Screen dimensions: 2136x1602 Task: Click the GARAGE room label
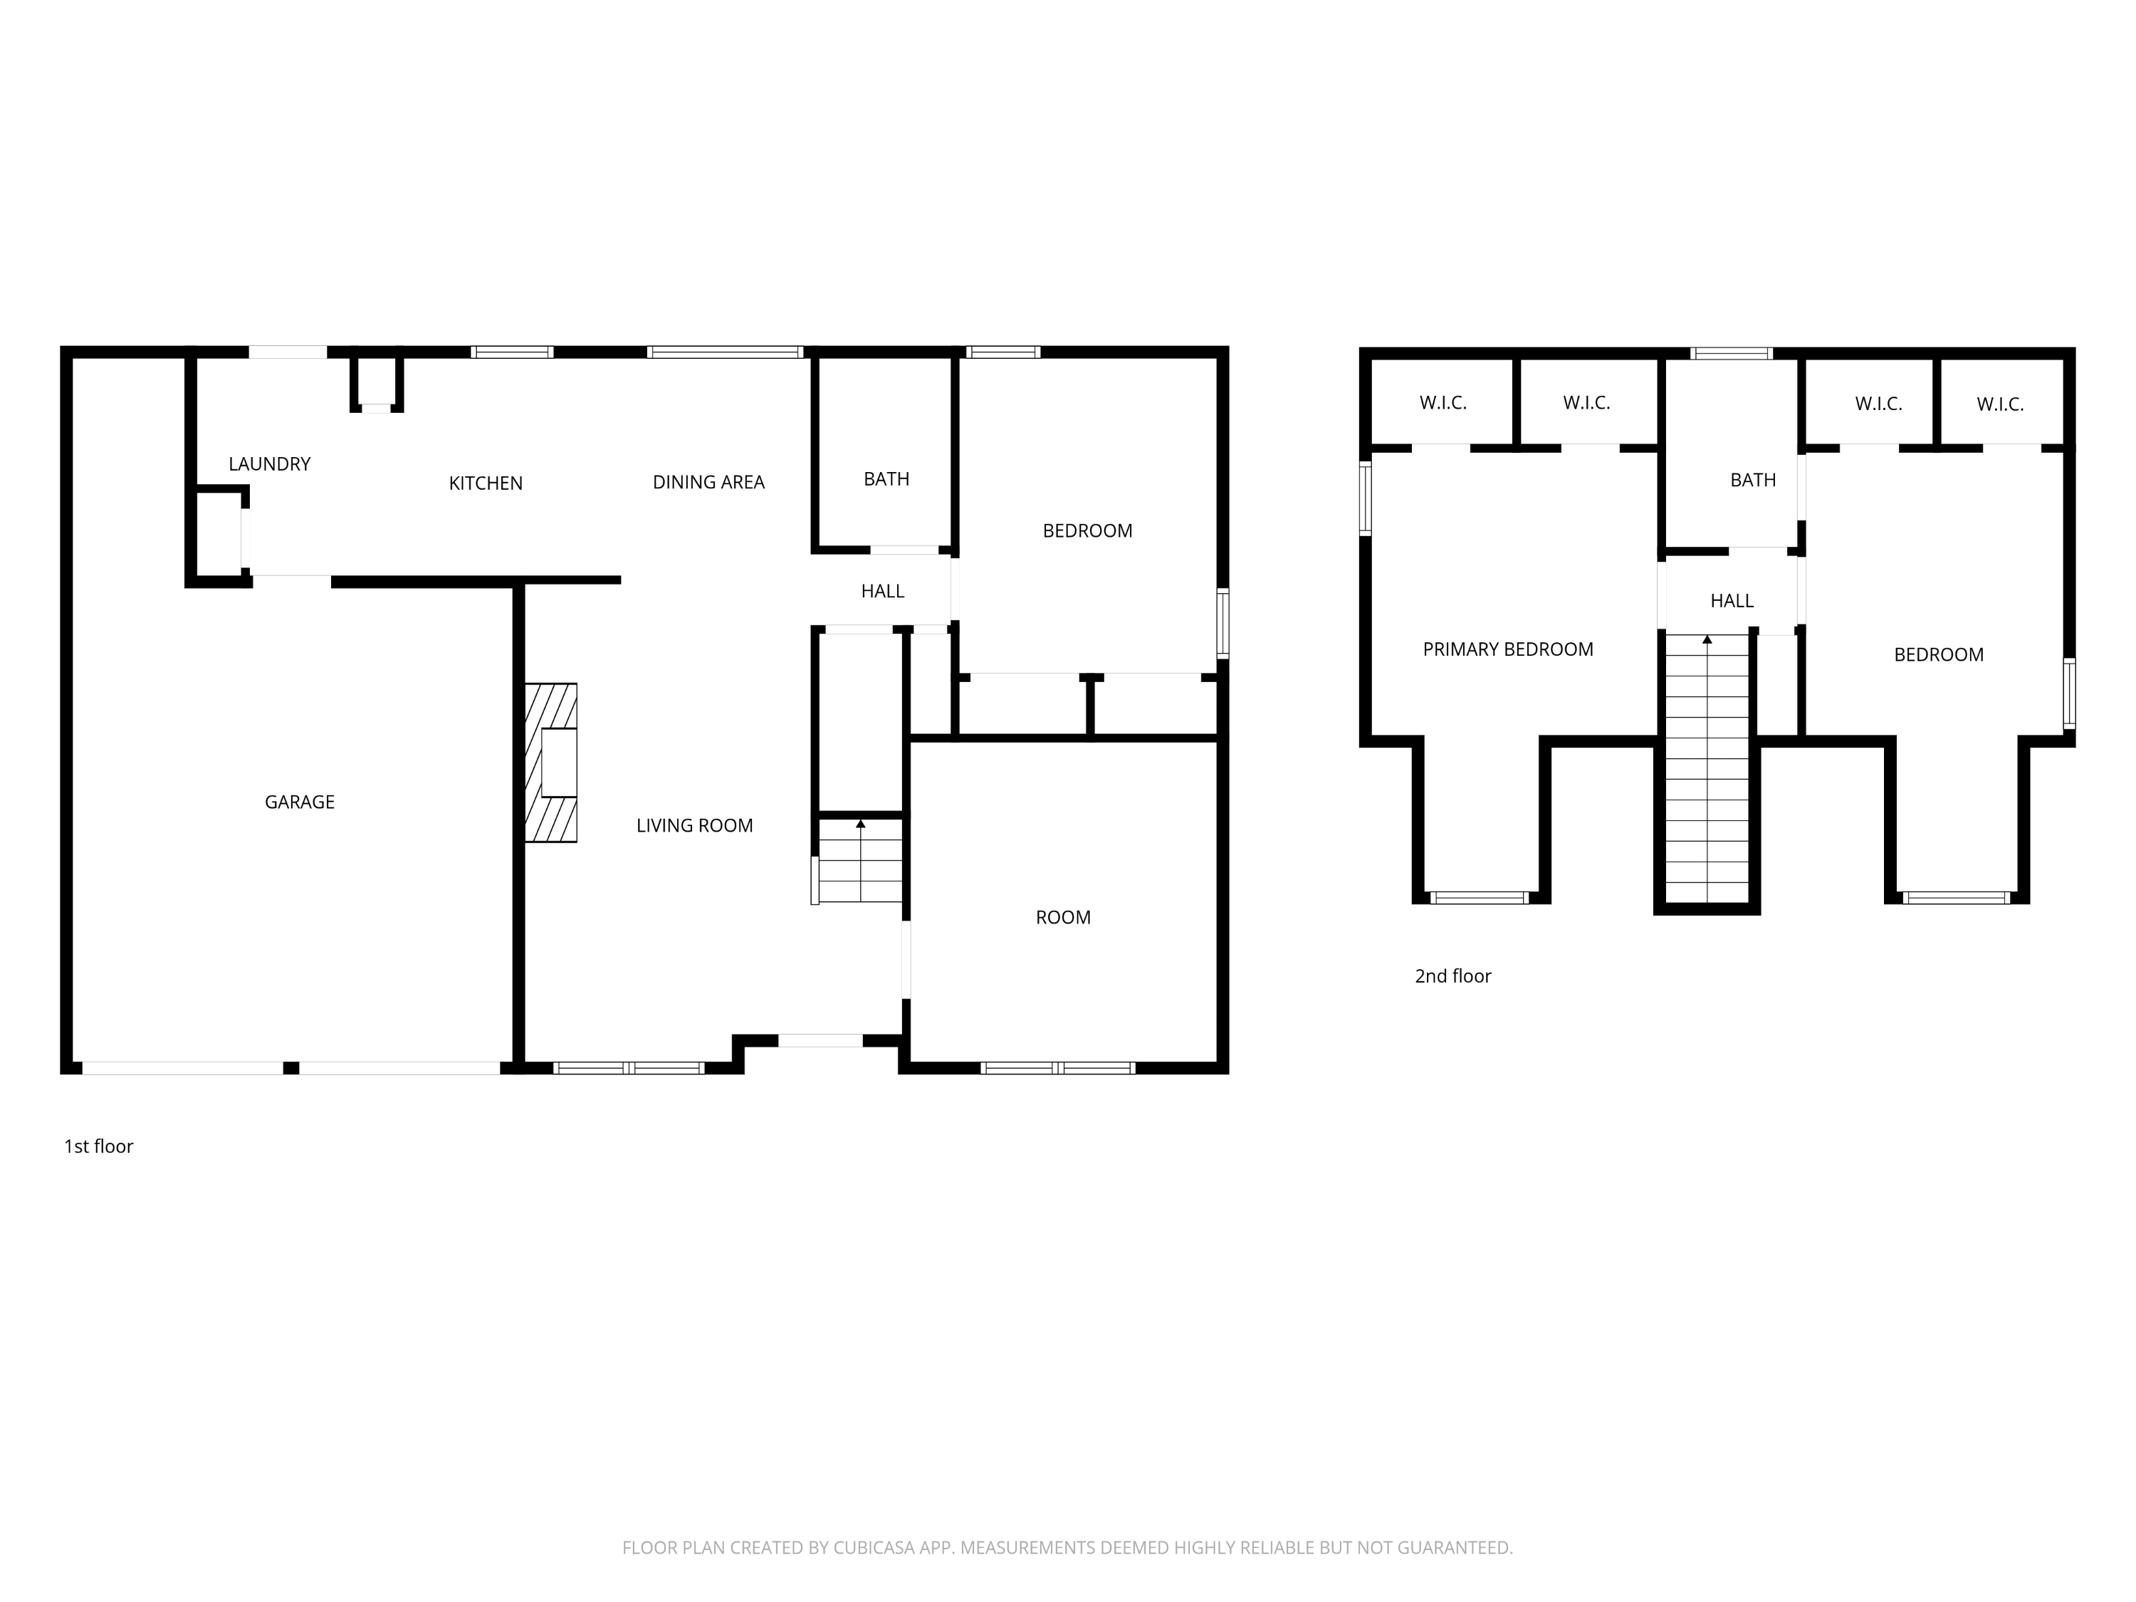click(x=299, y=802)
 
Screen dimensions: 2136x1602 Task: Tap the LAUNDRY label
click(x=269, y=464)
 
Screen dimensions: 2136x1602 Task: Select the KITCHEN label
click(x=486, y=483)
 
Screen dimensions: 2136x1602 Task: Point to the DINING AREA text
click(x=708, y=482)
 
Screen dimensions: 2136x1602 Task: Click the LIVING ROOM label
click(x=694, y=826)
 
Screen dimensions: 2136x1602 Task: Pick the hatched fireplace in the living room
click(x=550, y=763)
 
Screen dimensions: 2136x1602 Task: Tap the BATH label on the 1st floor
click(x=886, y=479)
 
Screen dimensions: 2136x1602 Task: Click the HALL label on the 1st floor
click(x=883, y=591)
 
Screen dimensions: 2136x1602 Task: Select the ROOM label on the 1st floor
click(x=1063, y=917)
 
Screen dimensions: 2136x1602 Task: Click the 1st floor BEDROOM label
click(x=1087, y=530)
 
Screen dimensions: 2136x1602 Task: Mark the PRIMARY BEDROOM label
click(x=1508, y=649)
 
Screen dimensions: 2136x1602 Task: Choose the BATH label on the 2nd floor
click(x=1753, y=480)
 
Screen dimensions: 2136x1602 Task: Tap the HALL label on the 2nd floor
click(x=1732, y=601)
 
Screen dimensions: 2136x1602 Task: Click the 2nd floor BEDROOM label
click(x=1939, y=655)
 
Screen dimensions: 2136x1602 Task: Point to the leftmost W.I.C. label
click(x=1443, y=403)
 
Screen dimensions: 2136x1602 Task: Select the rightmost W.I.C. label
click(x=2000, y=404)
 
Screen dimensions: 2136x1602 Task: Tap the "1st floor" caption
click(x=98, y=1146)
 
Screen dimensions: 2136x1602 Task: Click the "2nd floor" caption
click(x=1452, y=976)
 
